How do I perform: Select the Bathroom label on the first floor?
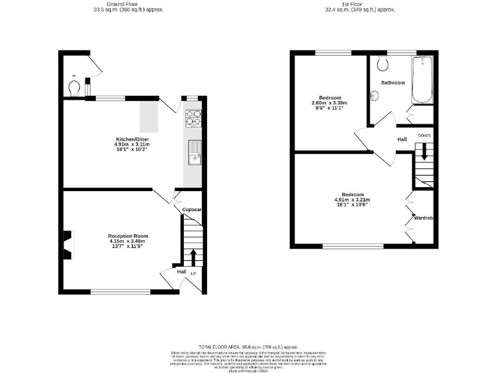(x=393, y=83)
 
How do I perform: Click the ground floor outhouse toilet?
(x=75, y=87)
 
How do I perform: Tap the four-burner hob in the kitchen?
(x=194, y=117)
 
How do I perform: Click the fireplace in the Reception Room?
(x=67, y=242)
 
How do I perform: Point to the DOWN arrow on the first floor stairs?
(x=425, y=150)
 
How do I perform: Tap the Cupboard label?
(x=192, y=210)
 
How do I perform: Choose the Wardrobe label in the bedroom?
(x=423, y=218)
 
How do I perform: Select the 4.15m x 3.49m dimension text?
(x=128, y=242)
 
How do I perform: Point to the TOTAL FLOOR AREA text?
(x=248, y=347)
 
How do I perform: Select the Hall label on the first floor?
(x=402, y=139)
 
